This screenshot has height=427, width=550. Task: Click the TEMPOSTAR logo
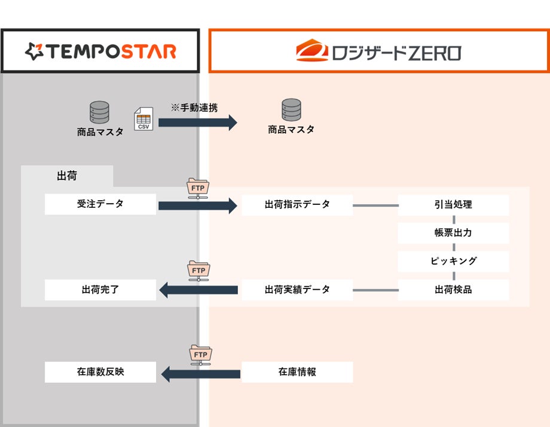100,51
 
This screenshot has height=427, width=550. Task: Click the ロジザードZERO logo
378,51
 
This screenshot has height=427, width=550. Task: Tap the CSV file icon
143,118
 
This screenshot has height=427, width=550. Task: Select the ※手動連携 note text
194,108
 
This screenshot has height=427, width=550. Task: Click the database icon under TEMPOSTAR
99,112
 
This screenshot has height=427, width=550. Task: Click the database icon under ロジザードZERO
291,110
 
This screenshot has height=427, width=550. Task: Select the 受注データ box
100,204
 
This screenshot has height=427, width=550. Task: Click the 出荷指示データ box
297,204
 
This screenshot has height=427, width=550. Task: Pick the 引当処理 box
453,204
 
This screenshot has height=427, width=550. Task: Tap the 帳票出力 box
453,232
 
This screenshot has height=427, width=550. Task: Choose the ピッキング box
453,261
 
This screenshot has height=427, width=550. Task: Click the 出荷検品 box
453,290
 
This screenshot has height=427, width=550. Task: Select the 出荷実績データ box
297,290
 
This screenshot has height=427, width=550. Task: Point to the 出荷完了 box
100,290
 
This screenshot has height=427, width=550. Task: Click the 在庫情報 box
297,372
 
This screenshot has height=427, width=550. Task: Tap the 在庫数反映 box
100,372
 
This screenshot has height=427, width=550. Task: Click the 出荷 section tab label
67,176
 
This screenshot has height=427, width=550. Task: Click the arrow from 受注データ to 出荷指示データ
197,206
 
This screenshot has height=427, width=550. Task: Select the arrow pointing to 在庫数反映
201,374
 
